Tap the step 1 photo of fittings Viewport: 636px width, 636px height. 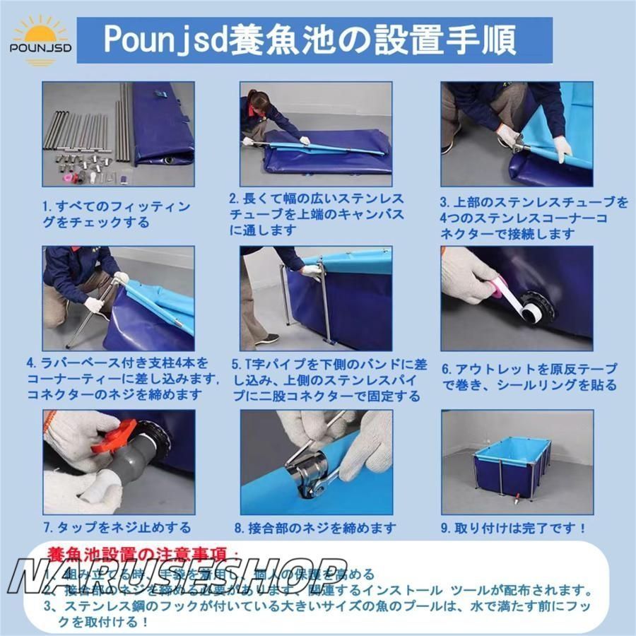pos(118,134)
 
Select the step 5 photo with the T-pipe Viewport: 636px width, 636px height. pos(316,298)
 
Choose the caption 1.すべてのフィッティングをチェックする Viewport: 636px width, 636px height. pos(117,214)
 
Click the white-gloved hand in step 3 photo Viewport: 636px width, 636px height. pos(563,148)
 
